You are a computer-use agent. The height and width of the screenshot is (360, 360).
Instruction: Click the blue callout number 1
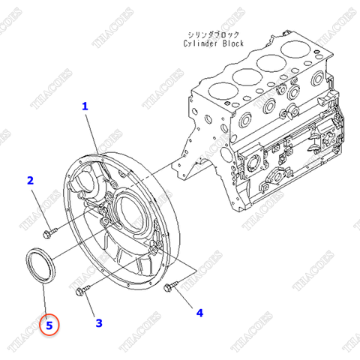(85, 107)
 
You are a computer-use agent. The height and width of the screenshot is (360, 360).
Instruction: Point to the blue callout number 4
(199, 311)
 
